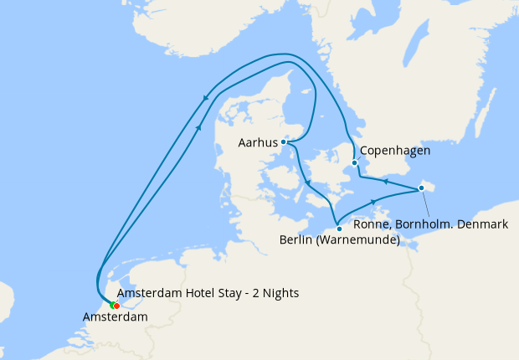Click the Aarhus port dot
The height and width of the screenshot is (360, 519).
coord(284,142)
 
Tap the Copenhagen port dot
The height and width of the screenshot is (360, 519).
coord(354,162)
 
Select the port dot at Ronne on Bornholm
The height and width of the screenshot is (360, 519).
coord(421,188)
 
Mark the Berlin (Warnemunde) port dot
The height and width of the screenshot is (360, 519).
coord(338,228)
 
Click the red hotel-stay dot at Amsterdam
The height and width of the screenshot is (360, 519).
coord(116,306)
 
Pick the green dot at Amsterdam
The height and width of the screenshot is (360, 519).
coord(111,305)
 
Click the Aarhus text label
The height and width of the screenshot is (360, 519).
coord(258,143)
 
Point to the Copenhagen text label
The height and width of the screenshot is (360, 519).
coord(395,152)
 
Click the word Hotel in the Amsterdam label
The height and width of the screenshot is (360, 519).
coord(198,293)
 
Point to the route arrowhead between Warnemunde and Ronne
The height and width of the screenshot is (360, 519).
coord(374,200)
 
